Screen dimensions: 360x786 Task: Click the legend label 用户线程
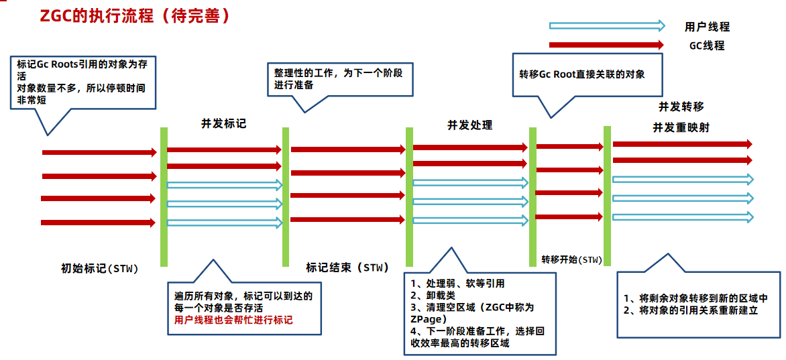(x=707, y=27)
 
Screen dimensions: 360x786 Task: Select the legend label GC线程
(x=707, y=46)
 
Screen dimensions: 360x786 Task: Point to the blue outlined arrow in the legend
(x=607, y=26)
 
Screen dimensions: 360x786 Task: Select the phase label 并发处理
(x=470, y=125)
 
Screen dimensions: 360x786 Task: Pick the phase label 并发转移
(x=681, y=107)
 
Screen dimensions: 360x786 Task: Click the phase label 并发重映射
(x=681, y=127)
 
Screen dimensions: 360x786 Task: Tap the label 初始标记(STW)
(x=99, y=269)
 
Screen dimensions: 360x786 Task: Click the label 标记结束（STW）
(x=347, y=267)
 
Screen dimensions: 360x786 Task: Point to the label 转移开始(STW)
(x=571, y=259)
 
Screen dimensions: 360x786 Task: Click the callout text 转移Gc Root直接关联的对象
(x=581, y=74)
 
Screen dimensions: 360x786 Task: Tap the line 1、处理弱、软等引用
(x=457, y=284)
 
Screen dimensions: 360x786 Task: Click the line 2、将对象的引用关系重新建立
(x=691, y=310)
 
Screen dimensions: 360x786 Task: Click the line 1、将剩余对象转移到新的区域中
(x=695, y=298)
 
